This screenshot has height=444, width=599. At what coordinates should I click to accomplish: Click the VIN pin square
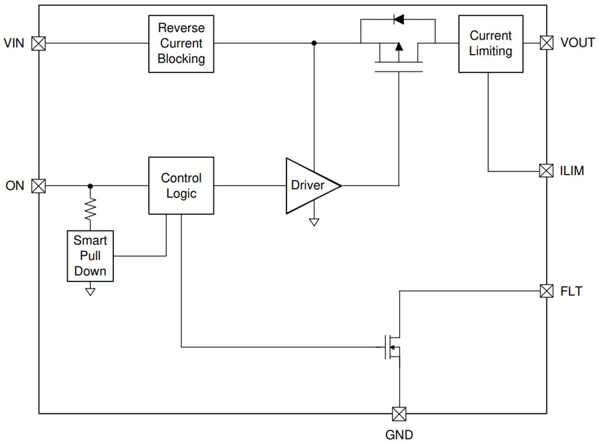pyautogui.click(x=39, y=43)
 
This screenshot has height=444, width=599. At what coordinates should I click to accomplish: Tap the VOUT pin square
pyautogui.click(x=546, y=43)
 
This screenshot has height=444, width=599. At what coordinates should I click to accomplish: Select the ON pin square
pyautogui.click(x=39, y=186)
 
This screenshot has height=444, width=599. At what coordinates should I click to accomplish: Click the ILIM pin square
pyautogui.click(x=546, y=171)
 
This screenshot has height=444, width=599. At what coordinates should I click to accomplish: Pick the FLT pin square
pyautogui.click(x=546, y=291)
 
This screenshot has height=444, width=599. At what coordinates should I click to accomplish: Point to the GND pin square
pyautogui.click(x=399, y=413)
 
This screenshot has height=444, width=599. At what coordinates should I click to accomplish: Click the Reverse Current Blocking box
pyautogui.click(x=181, y=44)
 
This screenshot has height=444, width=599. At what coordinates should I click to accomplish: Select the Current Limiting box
pyautogui.click(x=491, y=44)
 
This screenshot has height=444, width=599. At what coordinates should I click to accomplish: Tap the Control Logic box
pyautogui.click(x=181, y=186)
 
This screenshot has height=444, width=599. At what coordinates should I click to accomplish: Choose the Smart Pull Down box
pyautogui.click(x=90, y=256)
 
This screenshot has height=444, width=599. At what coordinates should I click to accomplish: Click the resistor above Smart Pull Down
pyautogui.click(x=90, y=207)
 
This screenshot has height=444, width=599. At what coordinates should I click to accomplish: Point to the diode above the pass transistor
pyautogui.click(x=398, y=20)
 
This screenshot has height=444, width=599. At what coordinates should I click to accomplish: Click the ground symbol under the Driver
pyautogui.click(x=314, y=222)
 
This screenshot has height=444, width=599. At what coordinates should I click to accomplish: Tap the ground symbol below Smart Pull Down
pyautogui.click(x=90, y=291)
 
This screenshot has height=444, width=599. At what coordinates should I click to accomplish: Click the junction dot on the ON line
pyautogui.click(x=90, y=186)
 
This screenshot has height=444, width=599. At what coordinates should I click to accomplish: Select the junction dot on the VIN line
pyautogui.click(x=314, y=43)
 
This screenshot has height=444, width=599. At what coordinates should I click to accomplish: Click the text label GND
pyautogui.click(x=399, y=435)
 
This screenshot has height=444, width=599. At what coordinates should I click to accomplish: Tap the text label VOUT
pyautogui.click(x=577, y=43)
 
